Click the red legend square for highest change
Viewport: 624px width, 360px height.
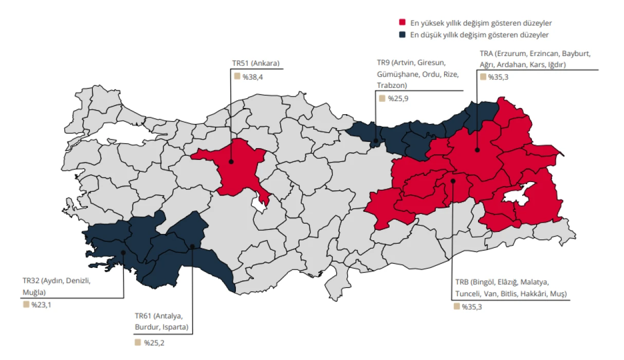click(402, 23)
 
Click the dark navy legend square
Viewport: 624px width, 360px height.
click(402, 35)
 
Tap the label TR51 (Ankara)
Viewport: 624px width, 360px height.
click(255, 64)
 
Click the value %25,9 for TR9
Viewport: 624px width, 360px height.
click(398, 98)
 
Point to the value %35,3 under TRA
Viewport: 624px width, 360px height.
click(498, 77)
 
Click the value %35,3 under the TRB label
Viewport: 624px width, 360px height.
click(471, 307)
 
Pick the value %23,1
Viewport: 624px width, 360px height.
click(41, 304)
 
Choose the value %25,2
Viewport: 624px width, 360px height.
click(154, 343)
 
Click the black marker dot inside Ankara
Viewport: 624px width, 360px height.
click(231, 161)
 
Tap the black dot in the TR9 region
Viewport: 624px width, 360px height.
click(376, 141)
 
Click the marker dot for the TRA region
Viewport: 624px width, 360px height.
click(477, 150)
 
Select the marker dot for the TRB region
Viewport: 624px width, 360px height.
click(453, 181)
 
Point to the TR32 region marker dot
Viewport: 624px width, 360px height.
click(123, 252)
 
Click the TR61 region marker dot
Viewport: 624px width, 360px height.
click(192, 246)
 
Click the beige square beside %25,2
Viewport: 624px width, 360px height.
click(137, 342)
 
